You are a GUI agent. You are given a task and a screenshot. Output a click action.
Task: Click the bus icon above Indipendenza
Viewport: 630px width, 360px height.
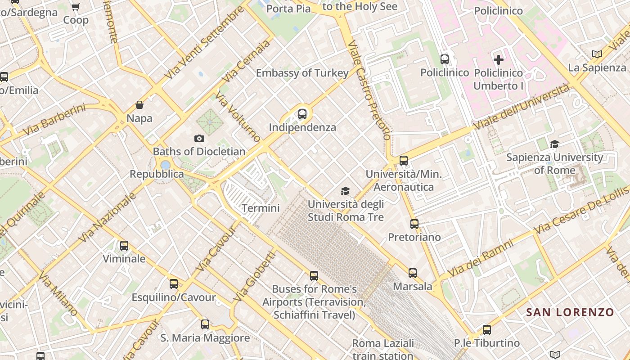point(302,114)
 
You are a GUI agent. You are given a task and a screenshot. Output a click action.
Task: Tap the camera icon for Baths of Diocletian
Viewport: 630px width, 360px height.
point(199,138)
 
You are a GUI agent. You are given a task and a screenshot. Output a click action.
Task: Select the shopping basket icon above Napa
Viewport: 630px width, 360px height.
point(139,105)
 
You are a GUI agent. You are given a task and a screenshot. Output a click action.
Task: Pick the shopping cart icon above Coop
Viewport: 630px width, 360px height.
point(76,7)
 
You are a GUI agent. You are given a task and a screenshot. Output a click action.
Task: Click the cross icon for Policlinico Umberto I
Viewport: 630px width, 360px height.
point(499,59)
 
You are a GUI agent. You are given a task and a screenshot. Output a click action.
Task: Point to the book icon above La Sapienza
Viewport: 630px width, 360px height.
point(597,54)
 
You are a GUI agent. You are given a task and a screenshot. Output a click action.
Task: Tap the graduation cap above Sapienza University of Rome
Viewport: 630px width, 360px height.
point(554,144)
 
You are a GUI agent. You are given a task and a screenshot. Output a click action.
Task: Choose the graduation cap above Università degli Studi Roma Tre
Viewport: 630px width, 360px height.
point(345,191)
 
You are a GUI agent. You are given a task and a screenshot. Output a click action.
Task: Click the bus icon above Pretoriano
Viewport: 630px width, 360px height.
point(414,224)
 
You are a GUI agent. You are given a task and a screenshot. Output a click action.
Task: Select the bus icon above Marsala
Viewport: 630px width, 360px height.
point(413,273)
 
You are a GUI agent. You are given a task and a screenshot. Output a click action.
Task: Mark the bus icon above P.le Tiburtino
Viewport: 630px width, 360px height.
point(487,330)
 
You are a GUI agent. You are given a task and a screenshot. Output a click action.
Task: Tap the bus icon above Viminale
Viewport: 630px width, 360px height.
point(124,246)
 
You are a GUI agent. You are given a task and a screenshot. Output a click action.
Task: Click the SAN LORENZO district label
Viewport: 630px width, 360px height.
point(570,312)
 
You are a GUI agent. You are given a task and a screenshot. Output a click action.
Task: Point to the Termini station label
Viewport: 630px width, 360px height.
point(261,208)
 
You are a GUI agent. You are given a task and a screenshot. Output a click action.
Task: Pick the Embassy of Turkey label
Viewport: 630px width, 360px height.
point(302,73)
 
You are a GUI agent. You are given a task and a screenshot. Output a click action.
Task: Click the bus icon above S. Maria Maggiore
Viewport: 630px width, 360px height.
point(205,324)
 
